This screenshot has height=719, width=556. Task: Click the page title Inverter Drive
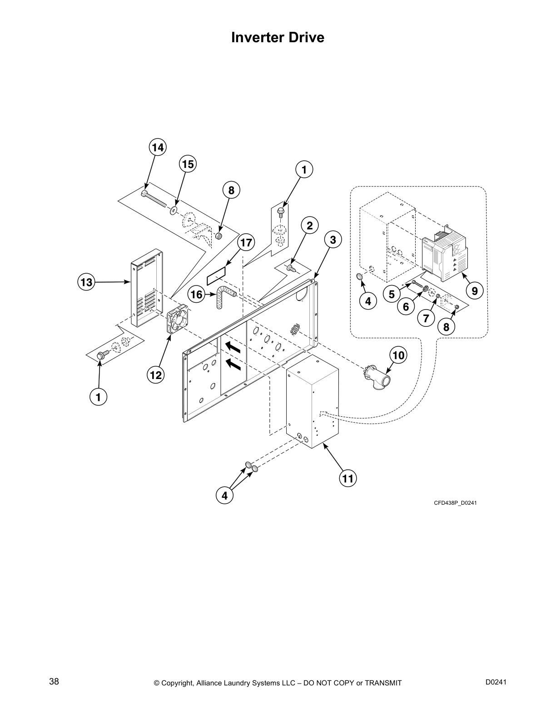(x=278, y=37)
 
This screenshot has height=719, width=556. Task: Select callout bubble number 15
(x=188, y=164)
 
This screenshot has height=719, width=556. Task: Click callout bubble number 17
(x=246, y=242)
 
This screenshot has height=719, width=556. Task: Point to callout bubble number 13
(x=86, y=282)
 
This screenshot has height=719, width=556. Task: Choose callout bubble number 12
(x=155, y=375)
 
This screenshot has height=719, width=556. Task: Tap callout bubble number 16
(x=197, y=295)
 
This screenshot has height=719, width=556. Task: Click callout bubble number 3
(x=333, y=240)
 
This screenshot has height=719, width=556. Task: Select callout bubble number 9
(x=475, y=291)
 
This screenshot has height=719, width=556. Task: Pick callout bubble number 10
(x=398, y=355)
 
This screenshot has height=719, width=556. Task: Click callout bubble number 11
(x=347, y=478)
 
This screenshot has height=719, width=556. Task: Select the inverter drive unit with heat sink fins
(x=442, y=256)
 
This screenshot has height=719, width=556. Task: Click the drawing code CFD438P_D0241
(x=455, y=503)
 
